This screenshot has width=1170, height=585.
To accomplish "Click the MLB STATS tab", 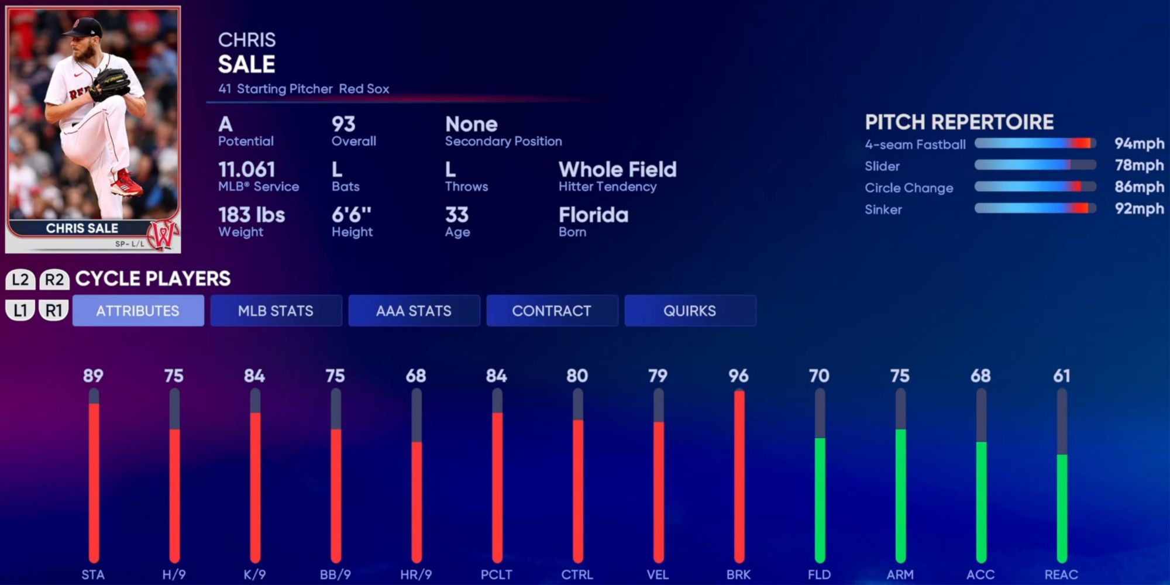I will tap(276, 311).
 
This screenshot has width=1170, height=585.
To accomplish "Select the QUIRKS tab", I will tap(690, 311).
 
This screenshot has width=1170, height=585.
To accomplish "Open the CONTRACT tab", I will tap(552, 311).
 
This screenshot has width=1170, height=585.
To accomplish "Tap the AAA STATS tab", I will tap(414, 311).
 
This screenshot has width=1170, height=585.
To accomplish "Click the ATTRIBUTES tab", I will tap(138, 311).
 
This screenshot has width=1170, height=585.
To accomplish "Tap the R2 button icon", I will tap(54, 280).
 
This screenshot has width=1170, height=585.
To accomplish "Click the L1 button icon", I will tap(20, 310).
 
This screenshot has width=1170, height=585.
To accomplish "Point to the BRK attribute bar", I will tap(739, 477).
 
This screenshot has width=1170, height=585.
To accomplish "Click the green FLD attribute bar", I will tap(820, 500).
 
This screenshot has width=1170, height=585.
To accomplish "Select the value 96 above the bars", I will tap(738, 376).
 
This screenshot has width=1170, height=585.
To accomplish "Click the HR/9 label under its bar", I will tap(416, 574).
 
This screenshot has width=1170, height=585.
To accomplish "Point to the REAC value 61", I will tap(1061, 376).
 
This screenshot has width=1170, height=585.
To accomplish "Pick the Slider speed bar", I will tap(1035, 166).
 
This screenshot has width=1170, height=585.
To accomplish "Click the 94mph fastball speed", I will tap(1138, 144).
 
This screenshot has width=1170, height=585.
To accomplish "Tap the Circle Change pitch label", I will tap(909, 188).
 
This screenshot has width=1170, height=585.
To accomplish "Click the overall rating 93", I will tap(343, 124).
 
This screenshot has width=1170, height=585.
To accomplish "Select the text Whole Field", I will tap(617, 170).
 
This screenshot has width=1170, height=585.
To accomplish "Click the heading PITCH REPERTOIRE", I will tap(959, 122).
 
